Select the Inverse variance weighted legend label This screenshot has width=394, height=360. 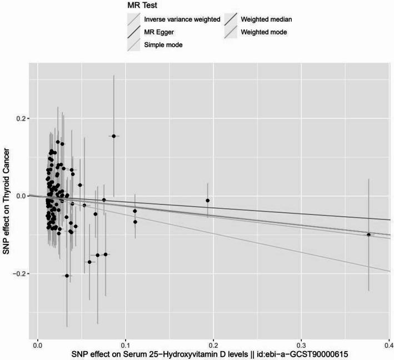point(181,20)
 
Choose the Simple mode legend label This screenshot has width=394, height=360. point(166,45)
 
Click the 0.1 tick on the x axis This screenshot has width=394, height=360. point(125,344)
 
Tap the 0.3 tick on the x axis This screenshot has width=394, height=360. point(301,344)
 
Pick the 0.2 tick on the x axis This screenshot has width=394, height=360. point(213,344)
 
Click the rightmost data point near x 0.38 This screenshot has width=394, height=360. point(368,235)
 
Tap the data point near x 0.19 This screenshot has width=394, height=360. point(208,201)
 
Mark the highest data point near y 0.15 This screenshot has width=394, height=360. point(113,136)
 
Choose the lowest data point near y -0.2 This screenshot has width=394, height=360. point(67,276)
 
